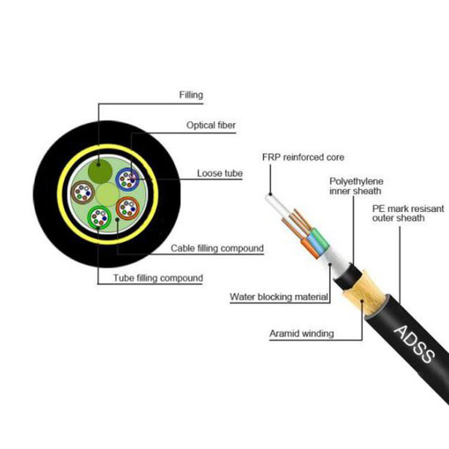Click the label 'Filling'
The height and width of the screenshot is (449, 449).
coord(191,95)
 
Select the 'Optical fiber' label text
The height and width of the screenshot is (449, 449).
coord(211,125)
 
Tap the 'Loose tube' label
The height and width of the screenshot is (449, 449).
coord(220,174)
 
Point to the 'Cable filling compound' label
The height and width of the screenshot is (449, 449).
coord(217,248)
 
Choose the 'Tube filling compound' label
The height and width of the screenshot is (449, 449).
coord(158,278)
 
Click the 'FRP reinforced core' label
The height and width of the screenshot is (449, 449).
coord(303,157)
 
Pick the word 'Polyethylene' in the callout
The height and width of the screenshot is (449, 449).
coord(356,180)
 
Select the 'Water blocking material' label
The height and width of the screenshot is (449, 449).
coord(278,296)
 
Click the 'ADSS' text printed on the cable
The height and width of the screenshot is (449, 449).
coord(414,344)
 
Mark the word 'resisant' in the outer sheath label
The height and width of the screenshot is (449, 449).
coord(428,208)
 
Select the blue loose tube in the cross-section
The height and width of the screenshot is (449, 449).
coord(128,178)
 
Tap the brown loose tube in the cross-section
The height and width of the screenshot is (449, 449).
coord(82,193)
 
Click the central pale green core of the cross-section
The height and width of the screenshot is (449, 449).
coord(107,194)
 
